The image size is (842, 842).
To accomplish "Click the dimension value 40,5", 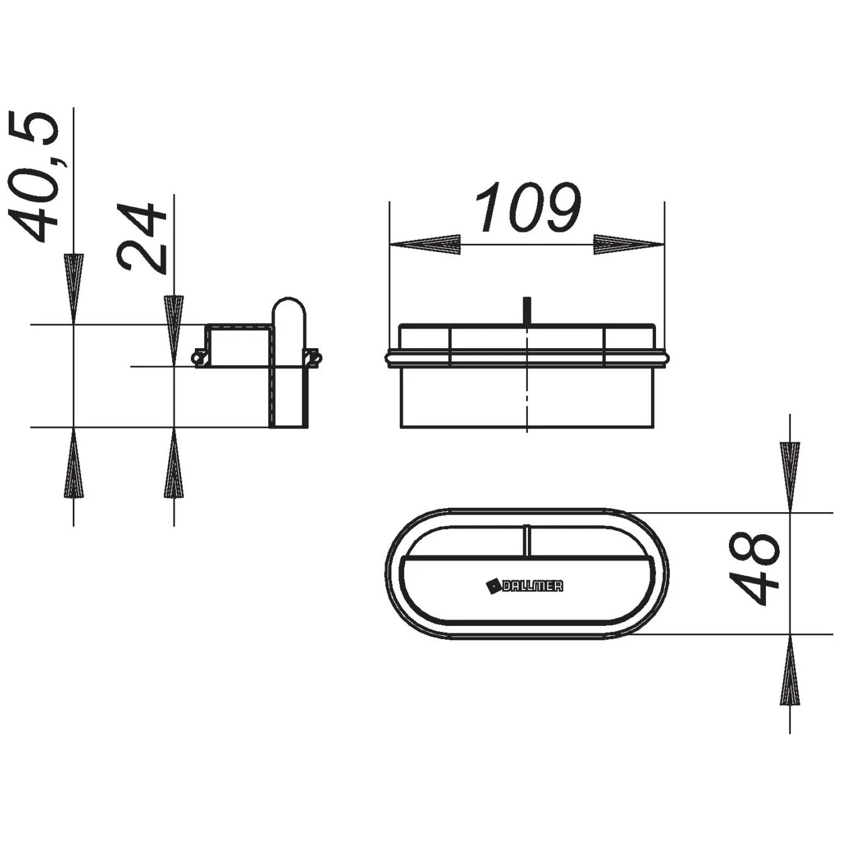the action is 33,177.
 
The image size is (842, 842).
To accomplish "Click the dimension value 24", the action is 141,238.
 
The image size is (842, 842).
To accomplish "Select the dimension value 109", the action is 528,207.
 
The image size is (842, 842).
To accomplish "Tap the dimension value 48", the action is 755,568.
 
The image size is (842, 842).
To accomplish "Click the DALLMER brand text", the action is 532,586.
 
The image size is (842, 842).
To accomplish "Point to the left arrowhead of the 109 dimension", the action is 425,244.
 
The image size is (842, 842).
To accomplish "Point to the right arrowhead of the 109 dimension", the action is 628,244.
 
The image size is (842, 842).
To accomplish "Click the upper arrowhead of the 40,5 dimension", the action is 74,289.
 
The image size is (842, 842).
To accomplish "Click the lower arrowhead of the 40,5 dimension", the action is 74,462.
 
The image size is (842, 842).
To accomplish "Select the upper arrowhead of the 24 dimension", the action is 174,331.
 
